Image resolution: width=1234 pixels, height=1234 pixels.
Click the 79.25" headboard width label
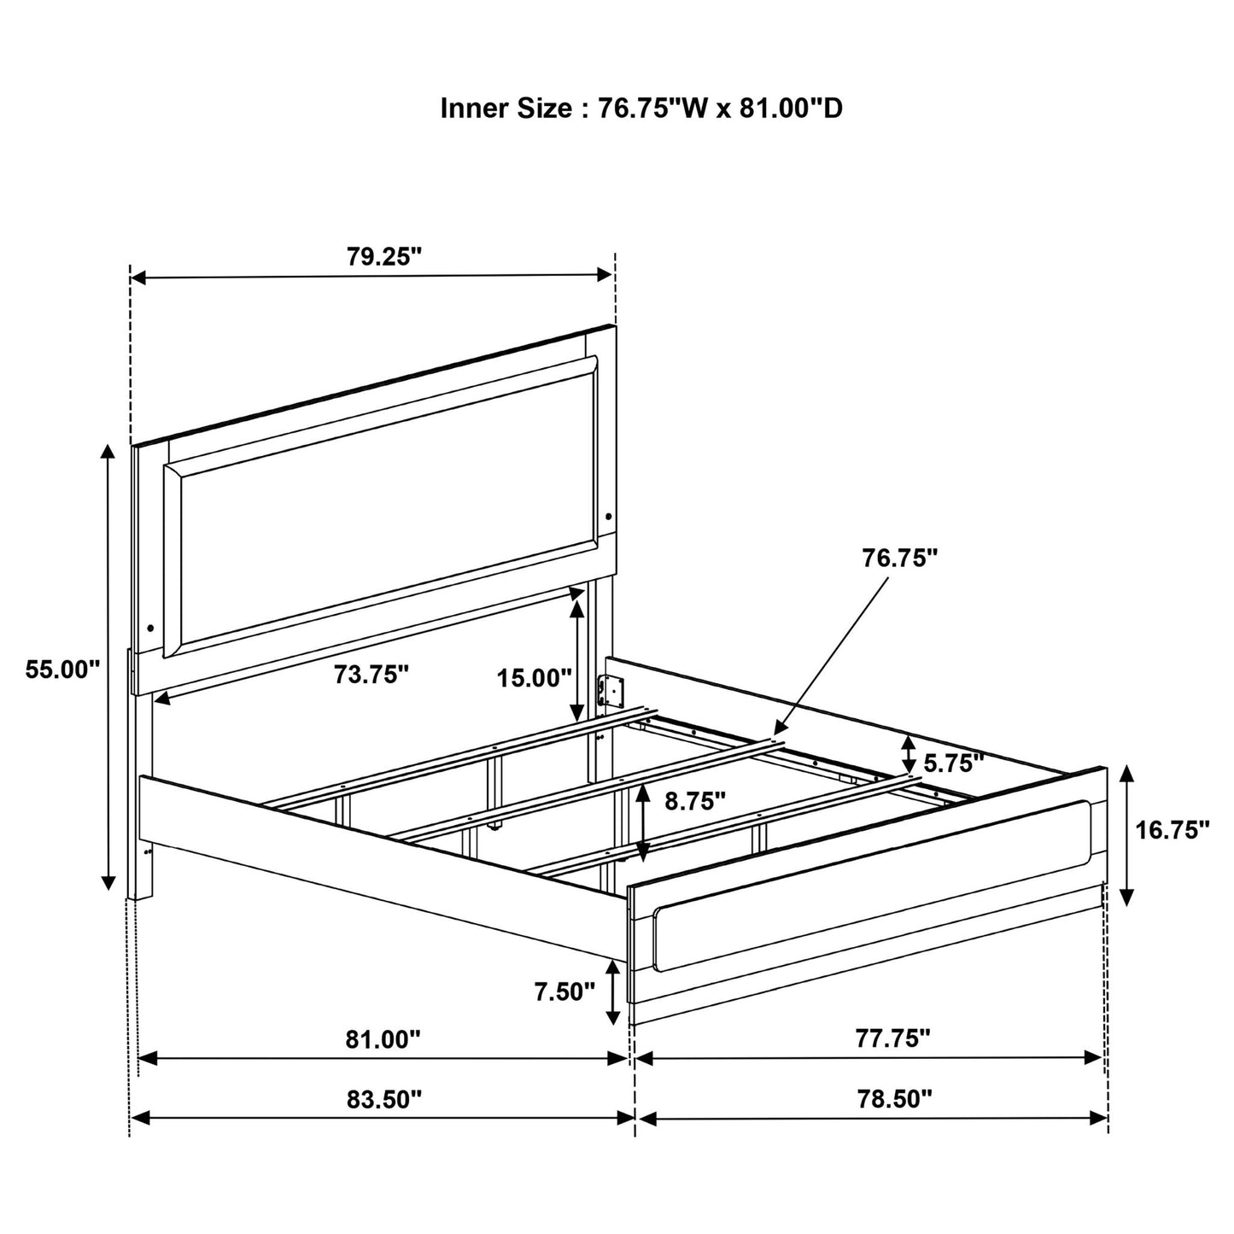(x=384, y=256)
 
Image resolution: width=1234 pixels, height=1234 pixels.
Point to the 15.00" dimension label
(x=535, y=678)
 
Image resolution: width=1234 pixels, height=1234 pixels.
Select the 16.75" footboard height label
(x=1173, y=829)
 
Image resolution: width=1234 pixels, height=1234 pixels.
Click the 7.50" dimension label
(x=564, y=991)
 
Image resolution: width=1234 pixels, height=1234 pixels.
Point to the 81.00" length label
(x=383, y=1038)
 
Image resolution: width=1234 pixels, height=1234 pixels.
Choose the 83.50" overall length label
(x=383, y=1098)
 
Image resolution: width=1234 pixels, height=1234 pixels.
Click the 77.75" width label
(x=892, y=1038)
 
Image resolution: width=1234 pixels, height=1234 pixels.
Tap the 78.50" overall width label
(x=892, y=1098)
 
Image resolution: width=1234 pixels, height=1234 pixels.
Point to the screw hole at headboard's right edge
(x=608, y=516)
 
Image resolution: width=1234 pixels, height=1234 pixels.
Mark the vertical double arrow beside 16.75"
(x=1126, y=835)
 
